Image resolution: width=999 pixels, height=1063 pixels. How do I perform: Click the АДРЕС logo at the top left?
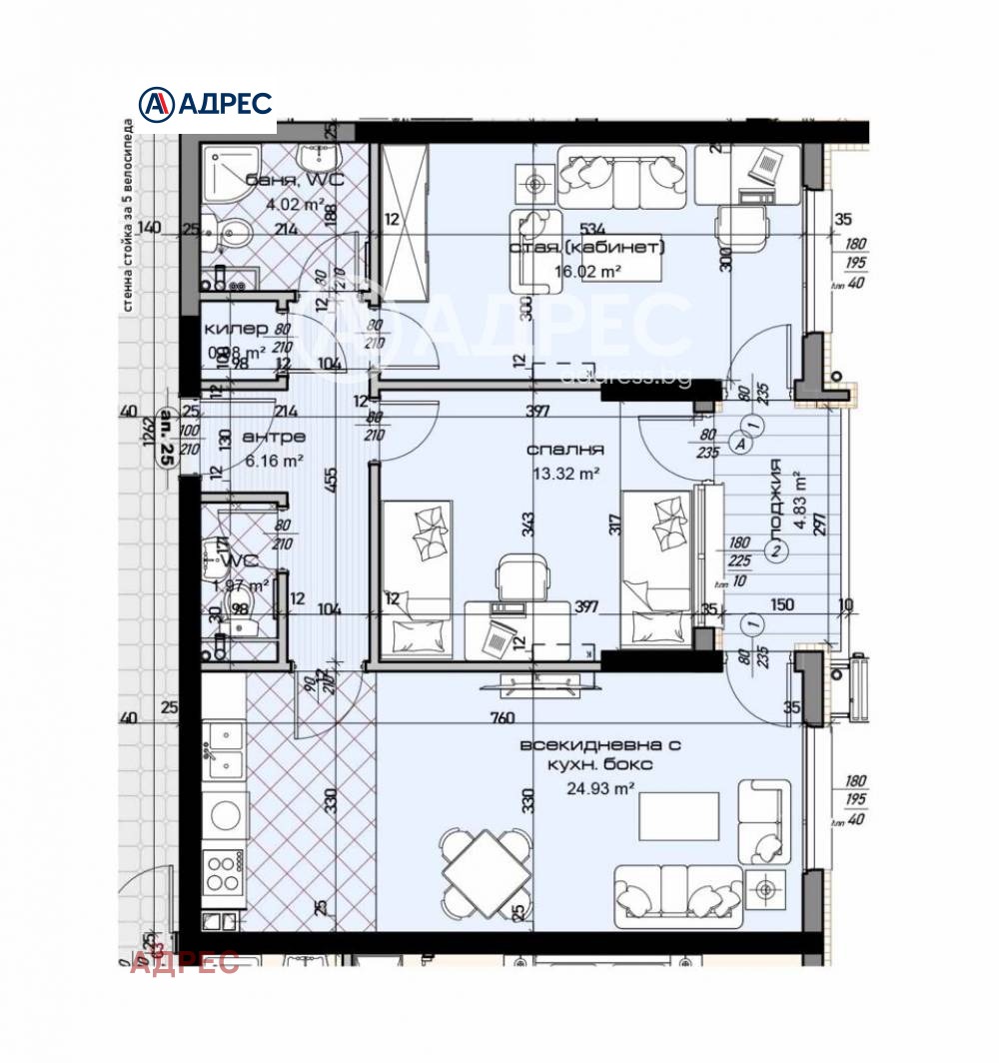[206, 104]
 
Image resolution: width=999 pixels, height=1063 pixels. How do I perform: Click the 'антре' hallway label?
[274, 438]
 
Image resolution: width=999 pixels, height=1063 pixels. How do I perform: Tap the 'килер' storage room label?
[236, 329]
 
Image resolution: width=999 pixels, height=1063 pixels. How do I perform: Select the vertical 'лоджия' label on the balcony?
[776, 487]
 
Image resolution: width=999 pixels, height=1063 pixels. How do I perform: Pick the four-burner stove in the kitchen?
[223, 872]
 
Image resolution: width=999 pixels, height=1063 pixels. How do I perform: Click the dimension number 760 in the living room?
[502, 717]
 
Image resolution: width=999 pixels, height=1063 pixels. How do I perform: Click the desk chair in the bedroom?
[523, 578]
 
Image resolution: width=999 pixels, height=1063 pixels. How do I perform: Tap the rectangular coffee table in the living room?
[679, 816]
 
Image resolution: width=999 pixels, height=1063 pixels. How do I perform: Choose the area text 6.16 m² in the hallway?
[274, 461]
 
